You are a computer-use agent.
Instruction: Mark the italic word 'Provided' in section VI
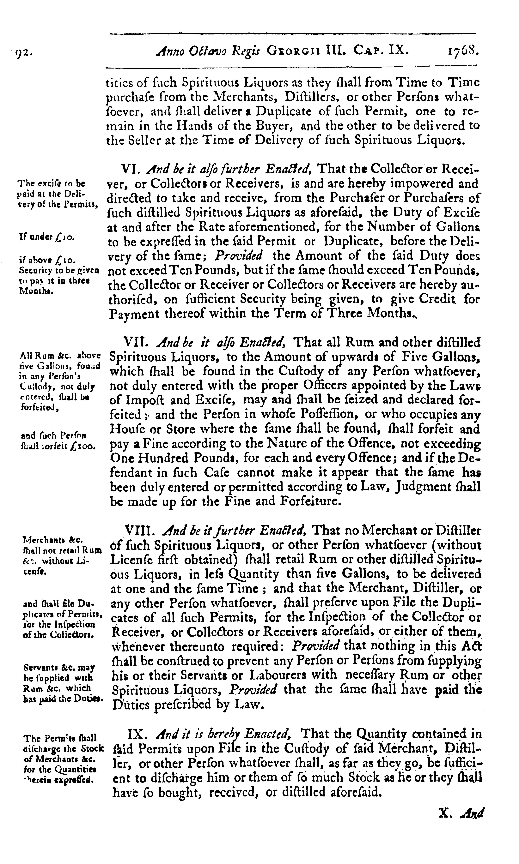pyautogui.click(x=239, y=256)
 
